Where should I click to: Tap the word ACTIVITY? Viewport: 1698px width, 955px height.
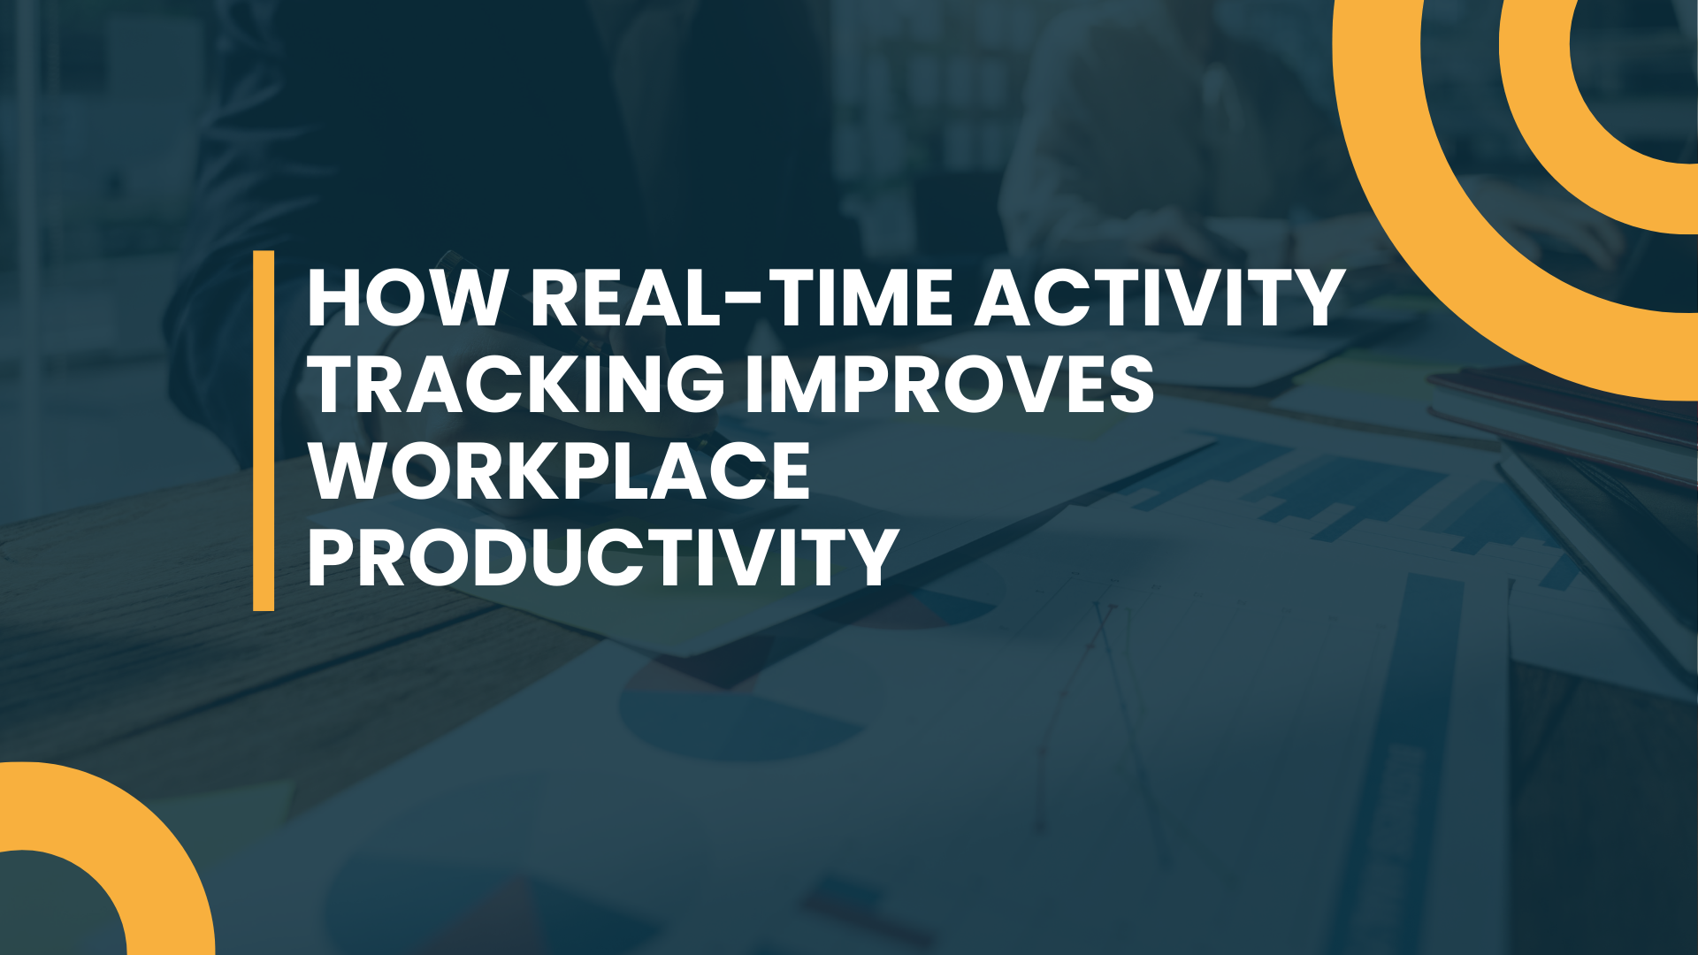coord(1160,298)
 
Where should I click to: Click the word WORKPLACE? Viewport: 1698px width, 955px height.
coord(559,470)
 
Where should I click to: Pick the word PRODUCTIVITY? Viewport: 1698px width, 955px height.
coord(603,557)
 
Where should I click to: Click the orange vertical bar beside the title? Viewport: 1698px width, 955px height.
coord(264,431)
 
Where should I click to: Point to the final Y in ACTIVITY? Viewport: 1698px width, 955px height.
coord(1319,298)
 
